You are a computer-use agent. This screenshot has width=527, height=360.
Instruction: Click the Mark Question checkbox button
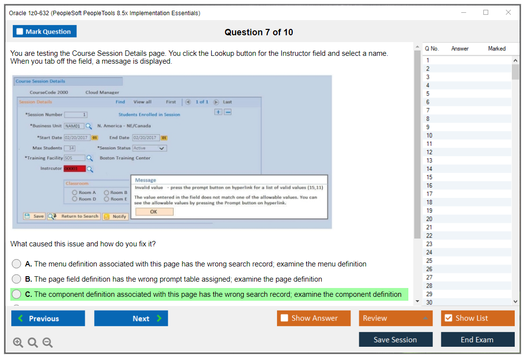tap(45, 31)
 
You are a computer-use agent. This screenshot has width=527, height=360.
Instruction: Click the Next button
tap(131, 318)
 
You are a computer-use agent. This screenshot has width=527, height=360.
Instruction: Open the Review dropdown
tap(396, 318)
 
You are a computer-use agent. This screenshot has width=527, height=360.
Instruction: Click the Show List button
tap(477, 318)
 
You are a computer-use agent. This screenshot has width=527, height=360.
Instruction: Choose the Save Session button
tap(395, 339)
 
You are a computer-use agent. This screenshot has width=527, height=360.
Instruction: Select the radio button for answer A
tap(17, 264)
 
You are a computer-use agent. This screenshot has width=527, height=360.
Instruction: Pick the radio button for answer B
tap(17, 279)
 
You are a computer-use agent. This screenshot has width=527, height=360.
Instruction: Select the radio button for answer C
tap(17, 294)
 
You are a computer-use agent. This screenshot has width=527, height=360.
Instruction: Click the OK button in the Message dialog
tap(154, 212)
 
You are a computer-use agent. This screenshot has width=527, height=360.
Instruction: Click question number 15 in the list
tap(429, 177)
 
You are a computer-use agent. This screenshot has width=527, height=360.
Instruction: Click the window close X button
tap(508, 13)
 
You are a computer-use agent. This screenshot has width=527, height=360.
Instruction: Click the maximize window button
tap(486, 13)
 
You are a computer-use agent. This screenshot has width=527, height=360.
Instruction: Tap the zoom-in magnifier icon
tap(18, 342)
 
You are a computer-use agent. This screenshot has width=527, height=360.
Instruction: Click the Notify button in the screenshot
tap(116, 216)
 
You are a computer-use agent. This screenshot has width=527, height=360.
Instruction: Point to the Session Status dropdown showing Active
tap(150, 148)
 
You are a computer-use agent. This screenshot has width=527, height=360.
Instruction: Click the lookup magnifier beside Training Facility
tap(90, 158)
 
